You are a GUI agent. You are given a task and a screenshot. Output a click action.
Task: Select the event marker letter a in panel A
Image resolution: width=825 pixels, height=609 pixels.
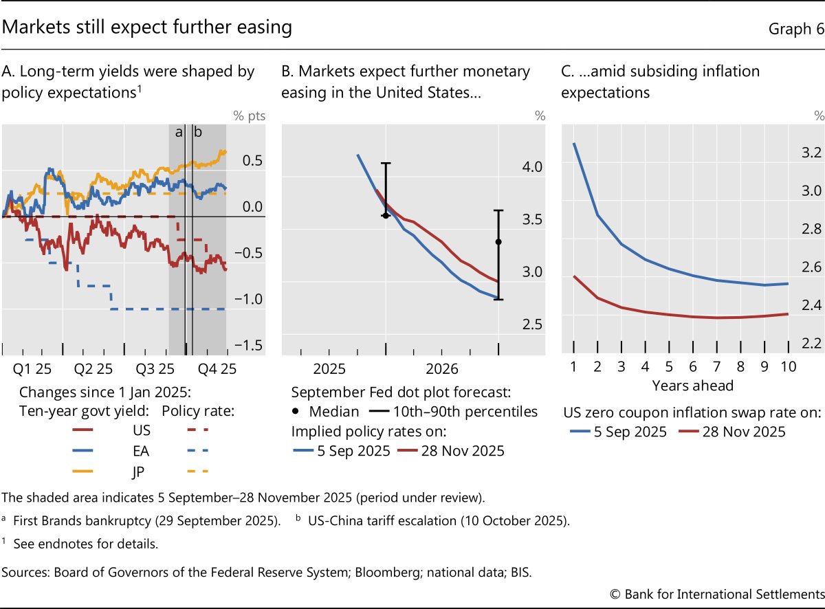178,132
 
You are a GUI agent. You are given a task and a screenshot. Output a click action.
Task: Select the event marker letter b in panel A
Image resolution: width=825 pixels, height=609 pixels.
197,132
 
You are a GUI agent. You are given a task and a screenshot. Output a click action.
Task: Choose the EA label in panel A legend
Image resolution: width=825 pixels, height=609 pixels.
142,451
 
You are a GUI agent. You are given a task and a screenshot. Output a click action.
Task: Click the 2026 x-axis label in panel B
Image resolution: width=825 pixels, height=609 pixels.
442,369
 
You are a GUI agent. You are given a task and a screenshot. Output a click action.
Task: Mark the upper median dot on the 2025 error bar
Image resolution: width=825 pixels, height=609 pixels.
386,215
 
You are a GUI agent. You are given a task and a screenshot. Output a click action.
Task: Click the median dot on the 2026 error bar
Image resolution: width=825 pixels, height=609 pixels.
498,242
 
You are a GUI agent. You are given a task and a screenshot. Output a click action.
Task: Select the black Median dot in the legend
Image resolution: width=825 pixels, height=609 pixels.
297,412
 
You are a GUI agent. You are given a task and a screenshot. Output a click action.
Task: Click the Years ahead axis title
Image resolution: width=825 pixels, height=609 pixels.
692,385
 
